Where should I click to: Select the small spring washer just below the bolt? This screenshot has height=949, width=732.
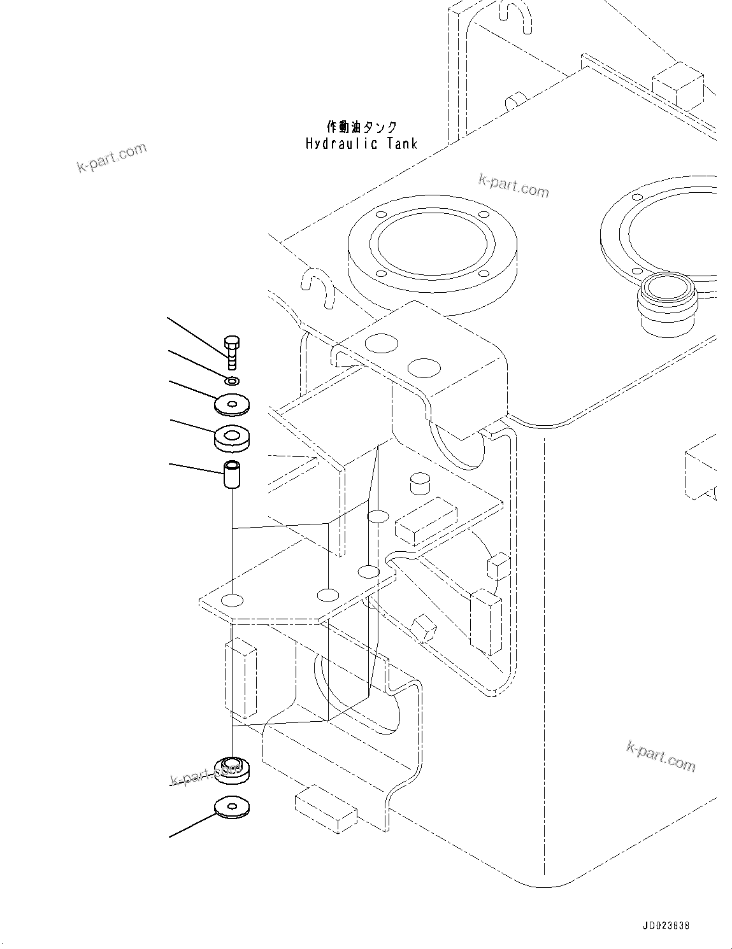click(x=233, y=381)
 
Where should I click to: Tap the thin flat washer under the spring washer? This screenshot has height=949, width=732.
click(x=232, y=404)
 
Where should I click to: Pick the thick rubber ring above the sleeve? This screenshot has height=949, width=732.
click(x=232, y=438)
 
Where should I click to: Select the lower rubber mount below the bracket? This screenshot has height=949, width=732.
click(x=232, y=770)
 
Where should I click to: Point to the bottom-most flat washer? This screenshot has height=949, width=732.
click(x=232, y=807)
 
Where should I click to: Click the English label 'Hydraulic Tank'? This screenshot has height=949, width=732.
click(x=361, y=143)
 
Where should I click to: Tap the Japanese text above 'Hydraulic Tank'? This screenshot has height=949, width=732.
click(x=361, y=127)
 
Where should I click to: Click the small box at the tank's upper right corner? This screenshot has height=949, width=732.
click(x=678, y=85)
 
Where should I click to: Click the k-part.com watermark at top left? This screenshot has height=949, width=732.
click(x=111, y=158)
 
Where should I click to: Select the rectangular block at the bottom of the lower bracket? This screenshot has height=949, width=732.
click(x=326, y=812)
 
